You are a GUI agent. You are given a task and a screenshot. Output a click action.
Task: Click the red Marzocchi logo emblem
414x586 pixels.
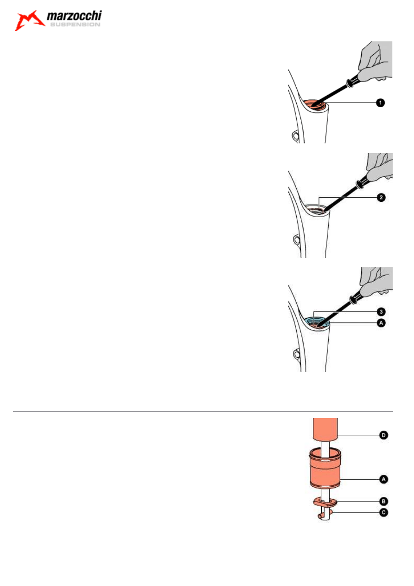tap(29, 21)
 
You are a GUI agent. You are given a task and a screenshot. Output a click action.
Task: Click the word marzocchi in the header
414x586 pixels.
tap(74, 17)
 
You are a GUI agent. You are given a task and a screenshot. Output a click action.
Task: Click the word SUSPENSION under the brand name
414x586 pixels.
tap(74, 25)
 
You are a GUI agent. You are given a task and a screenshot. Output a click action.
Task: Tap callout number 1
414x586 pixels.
tap(380, 103)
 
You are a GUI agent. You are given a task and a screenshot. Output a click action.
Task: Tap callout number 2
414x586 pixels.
tap(380, 198)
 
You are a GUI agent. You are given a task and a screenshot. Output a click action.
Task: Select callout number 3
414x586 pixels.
tap(380, 311)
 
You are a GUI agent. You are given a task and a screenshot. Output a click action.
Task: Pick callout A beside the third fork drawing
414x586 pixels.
tap(380, 323)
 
